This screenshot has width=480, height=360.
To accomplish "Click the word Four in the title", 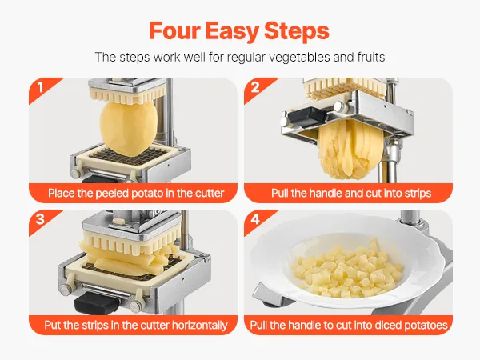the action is coord(175,31).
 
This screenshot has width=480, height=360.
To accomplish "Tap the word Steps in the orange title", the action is coord(297,32).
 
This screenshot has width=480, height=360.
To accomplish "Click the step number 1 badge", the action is coord(40,87).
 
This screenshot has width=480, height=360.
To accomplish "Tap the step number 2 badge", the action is coord(255,87).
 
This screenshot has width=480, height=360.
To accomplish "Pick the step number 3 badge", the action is coord(40,219).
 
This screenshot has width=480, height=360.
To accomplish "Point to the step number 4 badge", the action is coord(255,219).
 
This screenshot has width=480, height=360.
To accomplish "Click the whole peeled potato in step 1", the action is coord(129,129).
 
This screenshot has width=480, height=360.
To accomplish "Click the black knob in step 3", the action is coord(97,302).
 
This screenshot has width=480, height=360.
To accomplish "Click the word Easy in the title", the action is coord(232,32).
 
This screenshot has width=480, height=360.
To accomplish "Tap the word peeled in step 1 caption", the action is coord(112,194).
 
